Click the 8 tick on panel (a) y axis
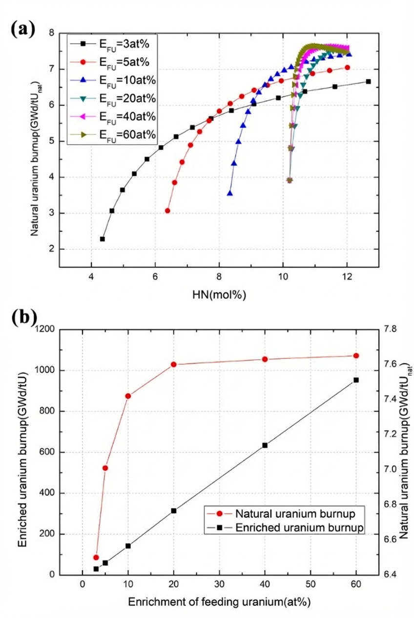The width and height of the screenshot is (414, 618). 51,33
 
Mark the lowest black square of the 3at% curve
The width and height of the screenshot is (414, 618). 102,239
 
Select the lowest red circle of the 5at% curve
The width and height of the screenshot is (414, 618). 167,211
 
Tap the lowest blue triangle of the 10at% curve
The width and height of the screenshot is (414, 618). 230,194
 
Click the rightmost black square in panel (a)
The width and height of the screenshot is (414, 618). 368,82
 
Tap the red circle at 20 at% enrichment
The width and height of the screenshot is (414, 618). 173,364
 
